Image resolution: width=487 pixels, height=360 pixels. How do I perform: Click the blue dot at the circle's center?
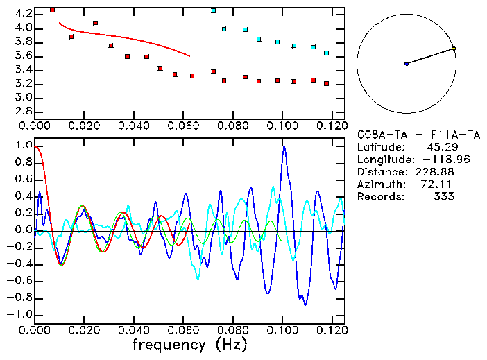pos(407,64)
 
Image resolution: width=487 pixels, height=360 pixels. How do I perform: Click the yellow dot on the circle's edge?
pos(454,49)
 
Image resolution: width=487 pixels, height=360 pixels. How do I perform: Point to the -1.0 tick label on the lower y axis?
pos(21,314)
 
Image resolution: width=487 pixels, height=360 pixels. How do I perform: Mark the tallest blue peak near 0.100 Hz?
pos(284,147)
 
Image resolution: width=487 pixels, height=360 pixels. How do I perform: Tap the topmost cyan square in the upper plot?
pos(214,10)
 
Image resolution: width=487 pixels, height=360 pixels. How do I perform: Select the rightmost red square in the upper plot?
pos(326,83)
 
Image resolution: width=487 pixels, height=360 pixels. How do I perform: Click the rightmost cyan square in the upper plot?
pos(326,53)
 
